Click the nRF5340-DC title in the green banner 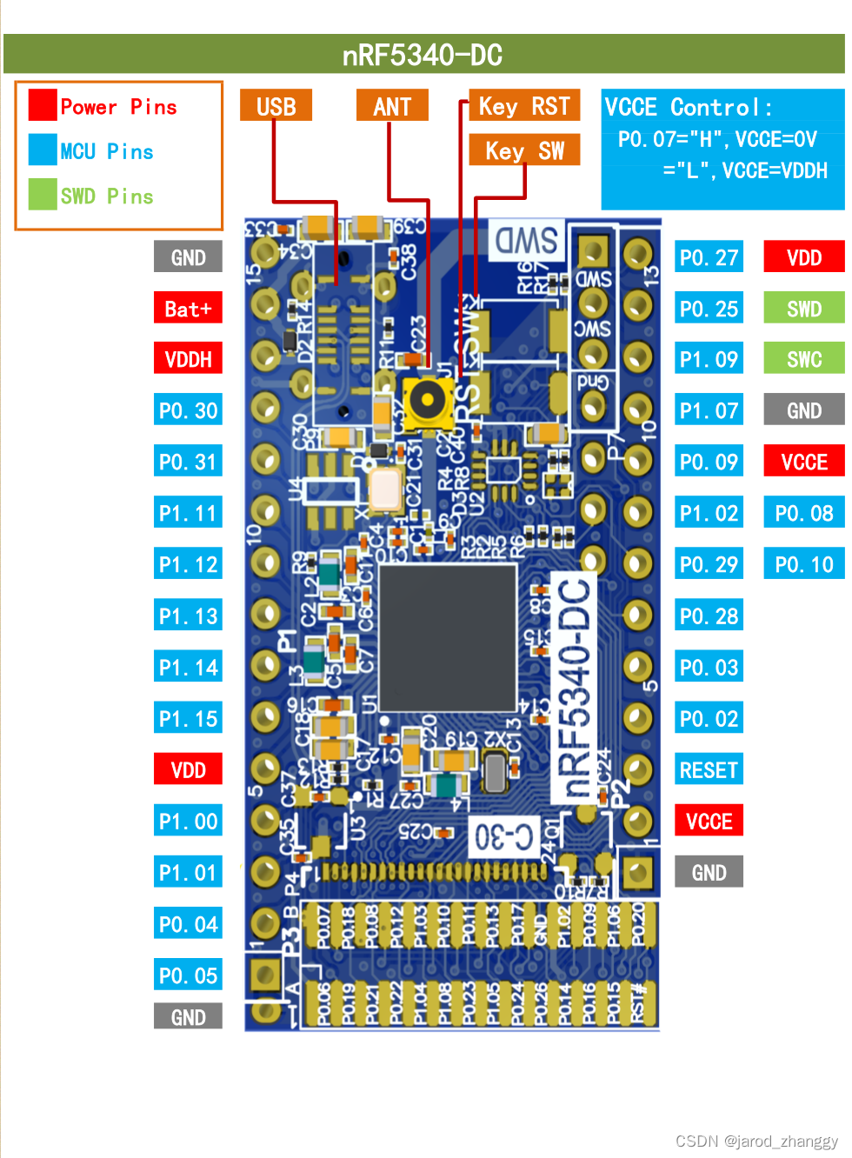(423, 55)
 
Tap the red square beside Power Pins (43, 105)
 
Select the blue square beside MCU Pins (43, 150)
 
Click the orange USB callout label (276, 106)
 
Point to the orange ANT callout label (392, 106)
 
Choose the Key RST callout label (523, 106)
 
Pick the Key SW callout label (523, 150)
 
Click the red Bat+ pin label (188, 309)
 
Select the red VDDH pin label (188, 359)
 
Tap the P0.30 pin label (188, 410)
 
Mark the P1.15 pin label (188, 719)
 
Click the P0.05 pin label (188, 975)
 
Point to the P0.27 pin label (709, 257)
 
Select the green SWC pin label (803, 359)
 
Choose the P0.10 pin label (803, 565)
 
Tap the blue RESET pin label (709, 770)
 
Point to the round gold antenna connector (427, 401)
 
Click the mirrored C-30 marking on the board (503, 837)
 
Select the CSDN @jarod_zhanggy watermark (756, 1141)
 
